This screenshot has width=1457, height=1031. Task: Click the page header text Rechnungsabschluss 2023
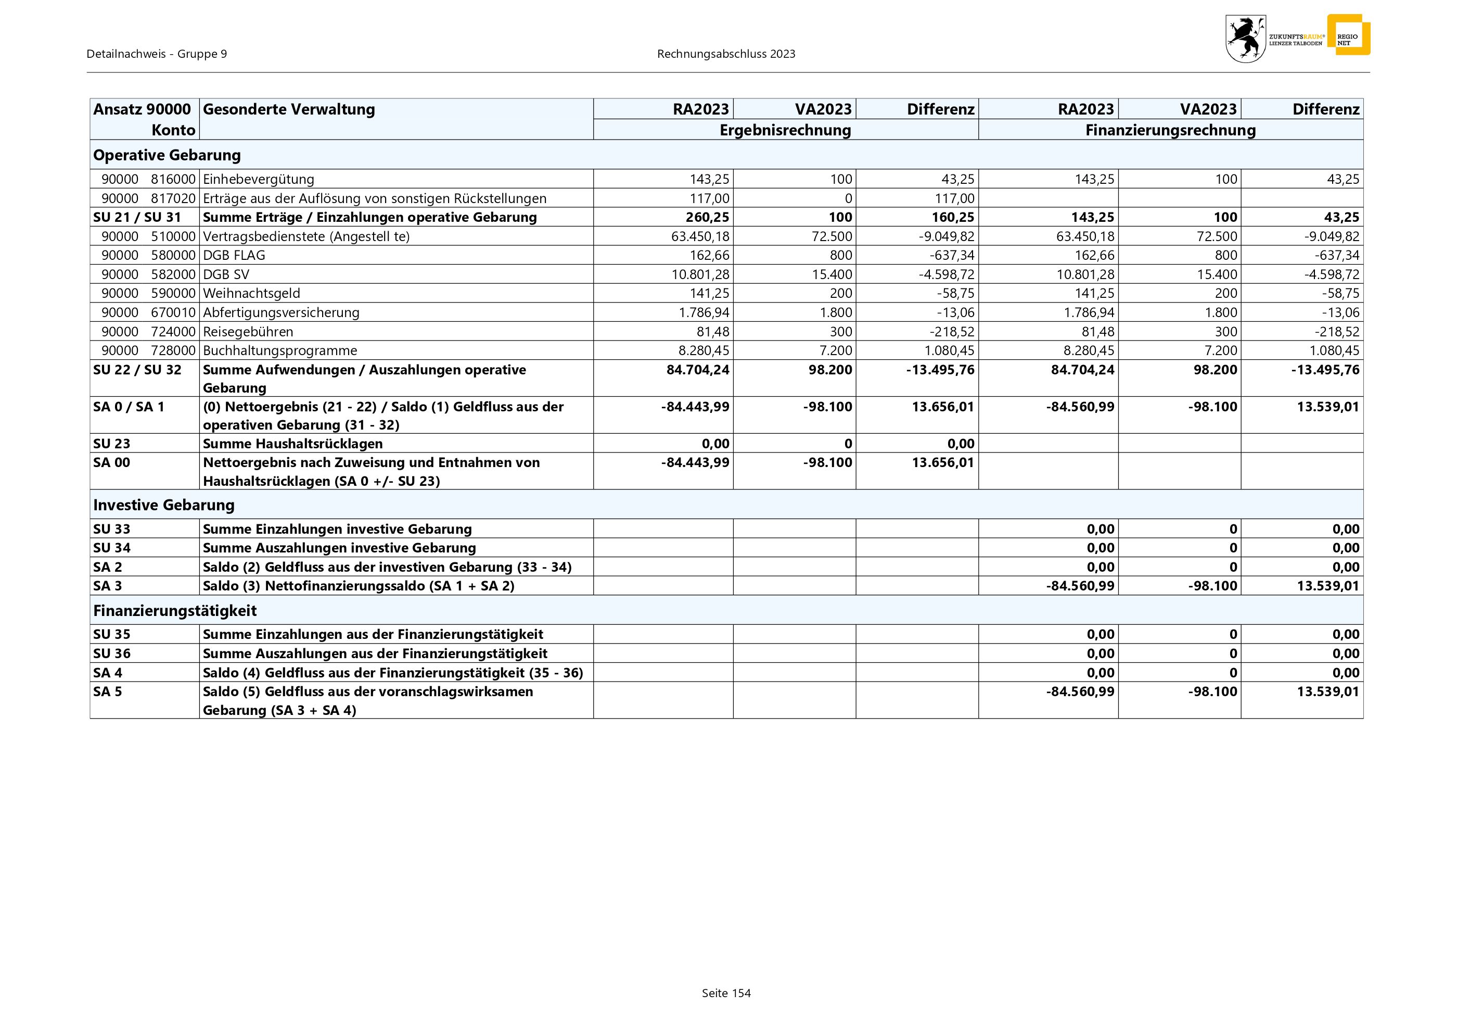point(726,54)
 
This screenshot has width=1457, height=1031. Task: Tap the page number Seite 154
point(726,993)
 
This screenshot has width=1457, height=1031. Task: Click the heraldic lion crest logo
point(1245,39)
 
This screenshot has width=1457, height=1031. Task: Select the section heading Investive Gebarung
point(164,505)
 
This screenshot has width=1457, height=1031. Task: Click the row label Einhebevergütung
point(258,179)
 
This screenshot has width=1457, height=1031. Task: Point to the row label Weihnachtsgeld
point(251,293)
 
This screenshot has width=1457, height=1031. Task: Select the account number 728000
point(173,350)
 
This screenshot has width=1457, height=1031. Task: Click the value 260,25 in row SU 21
point(707,217)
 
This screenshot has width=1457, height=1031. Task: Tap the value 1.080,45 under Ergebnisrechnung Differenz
point(949,350)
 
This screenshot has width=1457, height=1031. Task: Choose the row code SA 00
point(112,462)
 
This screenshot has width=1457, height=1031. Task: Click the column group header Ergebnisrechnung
point(785,130)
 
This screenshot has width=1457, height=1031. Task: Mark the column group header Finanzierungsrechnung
point(1170,130)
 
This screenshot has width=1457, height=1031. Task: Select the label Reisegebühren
point(248,331)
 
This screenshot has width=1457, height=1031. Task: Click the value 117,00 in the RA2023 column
point(709,198)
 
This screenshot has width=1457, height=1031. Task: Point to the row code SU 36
point(112,653)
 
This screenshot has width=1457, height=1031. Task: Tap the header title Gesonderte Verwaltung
point(289,109)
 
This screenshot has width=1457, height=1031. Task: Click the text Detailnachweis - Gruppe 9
point(157,54)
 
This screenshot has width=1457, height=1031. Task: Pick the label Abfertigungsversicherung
point(281,312)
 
